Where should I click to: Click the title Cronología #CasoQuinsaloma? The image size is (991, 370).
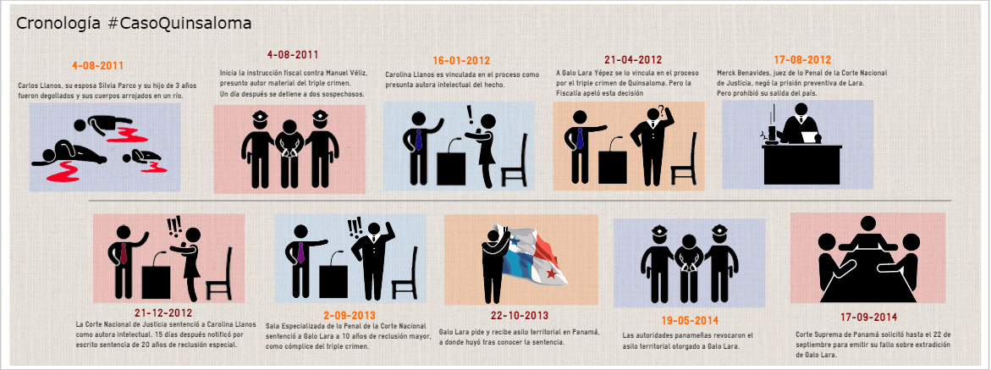pyautogui.click(x=134, y=24)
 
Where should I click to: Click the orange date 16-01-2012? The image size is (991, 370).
pyautogui.click(x=461, y=61)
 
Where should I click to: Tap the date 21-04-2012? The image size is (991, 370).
pyautogui.click(x=633, y=60)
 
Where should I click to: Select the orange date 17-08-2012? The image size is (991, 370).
pyautogui.click(x=802, y=60)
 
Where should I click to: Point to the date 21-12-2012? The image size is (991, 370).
pyautogui.click(x=163, y=313)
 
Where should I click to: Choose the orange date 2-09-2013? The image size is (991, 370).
pyautogui.click(x=350, y=315)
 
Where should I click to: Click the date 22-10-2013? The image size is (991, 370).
pyautogui.click(x=520, y=316)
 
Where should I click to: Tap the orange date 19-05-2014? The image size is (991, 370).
pyautogui.click(x=689, y=321)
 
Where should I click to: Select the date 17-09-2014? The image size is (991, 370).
pyautogui.click(x=868, y=317)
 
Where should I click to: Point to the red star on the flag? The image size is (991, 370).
pyautogui.click(x=552, y=273)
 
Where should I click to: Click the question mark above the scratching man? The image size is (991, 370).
pyautogui.click(x=660, y=112)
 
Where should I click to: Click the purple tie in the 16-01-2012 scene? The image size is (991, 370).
pyautogui.click(x=418, y=139)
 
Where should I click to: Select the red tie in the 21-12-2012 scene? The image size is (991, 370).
pyautogui.click(x=124, y=252)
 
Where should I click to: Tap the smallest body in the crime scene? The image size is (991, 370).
pyautogui.click(x=144, y=160)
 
